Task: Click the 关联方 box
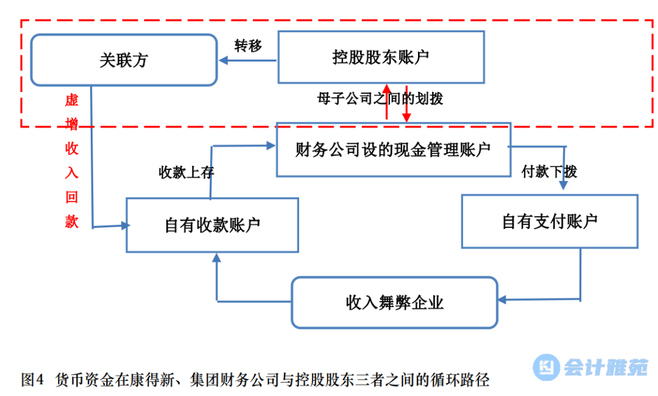coord(124,60)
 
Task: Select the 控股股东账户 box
coord(381,57)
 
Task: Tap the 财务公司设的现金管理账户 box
coord(393,150)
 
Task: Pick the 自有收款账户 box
coord(212,225)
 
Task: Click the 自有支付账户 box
coord(549,221)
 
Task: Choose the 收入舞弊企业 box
coord(394,303)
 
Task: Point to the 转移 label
coord(248,46)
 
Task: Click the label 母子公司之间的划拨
coord(380,98)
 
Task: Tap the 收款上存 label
coord(186,172)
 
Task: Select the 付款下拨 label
coord(549,172)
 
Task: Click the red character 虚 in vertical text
coord(72,100)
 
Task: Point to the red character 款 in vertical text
coord(72,222)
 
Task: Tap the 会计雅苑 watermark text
coord(605,367)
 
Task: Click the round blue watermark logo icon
coord(547,367)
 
